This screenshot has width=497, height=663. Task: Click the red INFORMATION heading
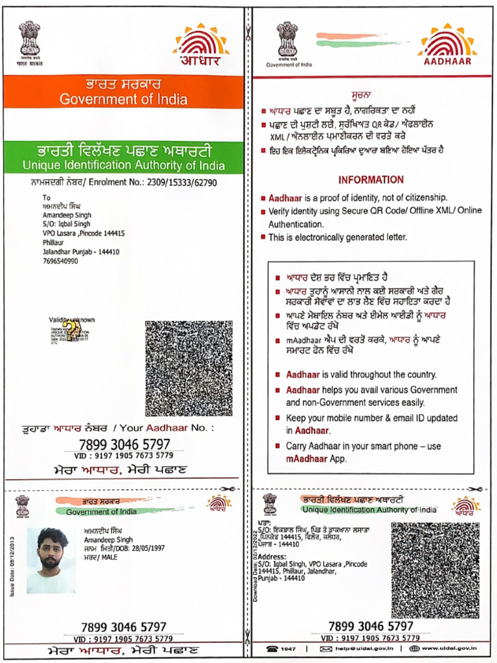371,180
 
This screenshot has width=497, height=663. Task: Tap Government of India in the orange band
124,100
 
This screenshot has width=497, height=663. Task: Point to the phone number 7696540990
60,261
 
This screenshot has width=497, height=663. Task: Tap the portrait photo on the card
50,560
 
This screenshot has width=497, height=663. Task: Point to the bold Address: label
272,556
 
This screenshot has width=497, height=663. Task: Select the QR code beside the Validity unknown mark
188,367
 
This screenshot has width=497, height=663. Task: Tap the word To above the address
46,197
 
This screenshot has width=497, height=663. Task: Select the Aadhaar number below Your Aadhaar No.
124,444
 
